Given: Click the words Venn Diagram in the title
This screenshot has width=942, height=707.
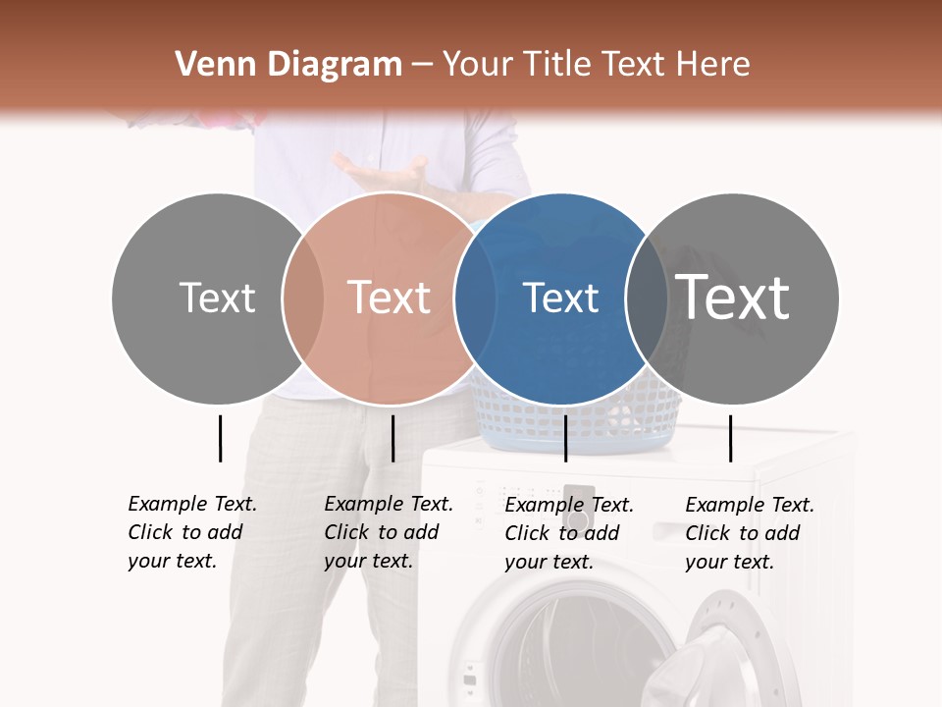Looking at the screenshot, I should [x=288, y=65].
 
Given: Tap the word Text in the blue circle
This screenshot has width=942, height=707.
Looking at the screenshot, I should [x=560, y=298].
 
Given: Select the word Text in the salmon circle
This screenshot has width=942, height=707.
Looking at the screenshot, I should [x=390, y=298].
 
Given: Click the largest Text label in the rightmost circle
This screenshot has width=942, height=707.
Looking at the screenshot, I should [x=733, y=298].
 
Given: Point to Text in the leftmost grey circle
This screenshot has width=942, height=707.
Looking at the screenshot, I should [x=218, y=298].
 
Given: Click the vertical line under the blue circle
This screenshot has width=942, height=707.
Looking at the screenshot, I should [x=566, y=438].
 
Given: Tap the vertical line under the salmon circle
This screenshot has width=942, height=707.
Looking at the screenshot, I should [x=392, y=438].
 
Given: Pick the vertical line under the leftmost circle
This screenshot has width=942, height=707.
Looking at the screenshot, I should [x=221, y=438].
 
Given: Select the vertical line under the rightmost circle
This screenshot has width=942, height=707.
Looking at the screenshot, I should [x=731, y=438].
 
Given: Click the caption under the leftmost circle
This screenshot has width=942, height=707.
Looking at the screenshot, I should [x=192, y=532].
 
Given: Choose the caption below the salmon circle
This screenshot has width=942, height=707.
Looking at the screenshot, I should [x=389, y=532].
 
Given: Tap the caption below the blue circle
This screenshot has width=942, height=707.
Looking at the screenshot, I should [x=569, y=533].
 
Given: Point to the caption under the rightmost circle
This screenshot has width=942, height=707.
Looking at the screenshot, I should [x=750, y=533].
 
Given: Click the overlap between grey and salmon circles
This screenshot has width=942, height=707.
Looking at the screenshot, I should [x=303, y=298].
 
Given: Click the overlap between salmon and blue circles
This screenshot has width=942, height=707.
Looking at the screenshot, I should [x=474, y=298].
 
